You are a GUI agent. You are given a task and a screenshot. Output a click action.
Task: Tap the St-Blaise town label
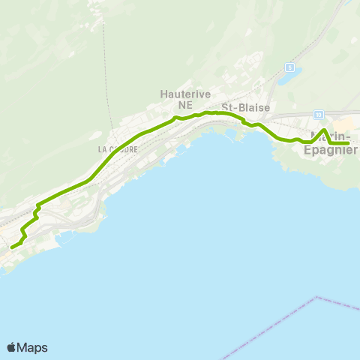tap(244, 107)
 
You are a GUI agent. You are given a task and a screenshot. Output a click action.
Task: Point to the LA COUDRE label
tap(118, 149)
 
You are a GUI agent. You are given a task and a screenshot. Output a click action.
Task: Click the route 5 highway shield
tap(289, 67)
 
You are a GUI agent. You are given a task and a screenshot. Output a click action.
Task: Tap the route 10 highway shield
tap(319, 114)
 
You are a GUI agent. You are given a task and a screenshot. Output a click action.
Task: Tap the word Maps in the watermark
tap(33, 347)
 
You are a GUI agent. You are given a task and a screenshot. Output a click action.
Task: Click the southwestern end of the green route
tap(11, 246)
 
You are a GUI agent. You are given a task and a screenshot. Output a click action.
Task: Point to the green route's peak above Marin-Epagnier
tap(324, 130)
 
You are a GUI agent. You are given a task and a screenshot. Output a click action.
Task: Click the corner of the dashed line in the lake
tap(319, 297)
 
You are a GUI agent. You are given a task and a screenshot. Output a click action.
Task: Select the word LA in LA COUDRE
tap(103, 149)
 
